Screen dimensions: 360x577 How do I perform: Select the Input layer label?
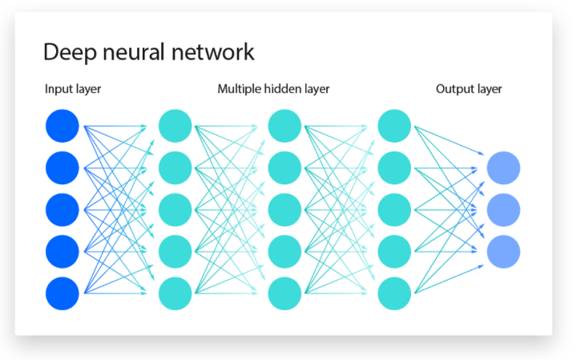[x=73, y=89]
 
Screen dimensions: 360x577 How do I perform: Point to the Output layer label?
[x=469, y=89]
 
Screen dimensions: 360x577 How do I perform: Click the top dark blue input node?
[x=63, y=126]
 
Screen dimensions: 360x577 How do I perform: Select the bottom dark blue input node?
[x=63, y=293]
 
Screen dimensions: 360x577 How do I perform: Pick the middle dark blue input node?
[x=63, y=209]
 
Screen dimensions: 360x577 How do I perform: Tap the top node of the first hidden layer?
[x=176, y=126]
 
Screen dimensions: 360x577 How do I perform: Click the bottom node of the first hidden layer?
[x=176, y=293]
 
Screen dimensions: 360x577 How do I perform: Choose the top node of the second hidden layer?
[x=284, y=126]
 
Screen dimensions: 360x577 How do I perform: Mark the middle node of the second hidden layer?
[x=284, y=209]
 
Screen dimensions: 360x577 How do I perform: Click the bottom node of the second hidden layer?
[x=284, y=293]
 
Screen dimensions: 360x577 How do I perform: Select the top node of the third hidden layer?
[x=393, y=126]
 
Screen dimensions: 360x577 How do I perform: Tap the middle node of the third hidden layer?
[x=393, y=209]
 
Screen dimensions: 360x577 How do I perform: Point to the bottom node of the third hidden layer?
[x=393, y=293]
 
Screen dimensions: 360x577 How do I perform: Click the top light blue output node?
[x=504, y=168]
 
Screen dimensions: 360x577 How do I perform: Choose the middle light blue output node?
[x=504, y=209]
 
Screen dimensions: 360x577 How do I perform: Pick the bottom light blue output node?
[x=504, y=251]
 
